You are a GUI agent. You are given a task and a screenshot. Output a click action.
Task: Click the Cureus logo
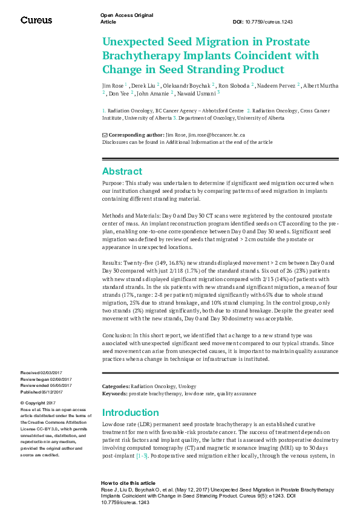(36, 20)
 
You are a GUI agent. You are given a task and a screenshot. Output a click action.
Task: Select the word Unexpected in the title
(136, 42)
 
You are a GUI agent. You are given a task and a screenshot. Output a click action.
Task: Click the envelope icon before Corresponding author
(105, 134)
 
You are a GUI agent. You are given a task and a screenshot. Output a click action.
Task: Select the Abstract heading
(122, 170)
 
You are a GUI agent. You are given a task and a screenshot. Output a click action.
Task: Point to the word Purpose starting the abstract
(113, 183)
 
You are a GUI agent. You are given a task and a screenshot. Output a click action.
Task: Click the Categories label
(116, 386)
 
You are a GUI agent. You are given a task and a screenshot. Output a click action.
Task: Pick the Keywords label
(114, 393)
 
